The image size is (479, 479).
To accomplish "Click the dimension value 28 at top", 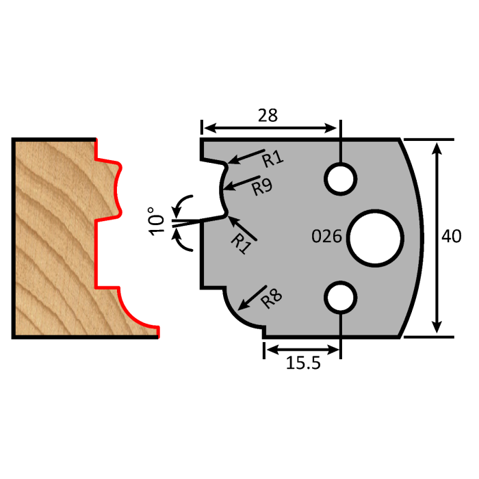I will click(x=268, y=115).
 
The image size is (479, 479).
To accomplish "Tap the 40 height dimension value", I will click(x=452, y=237).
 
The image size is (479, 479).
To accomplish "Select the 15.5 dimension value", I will click(x=302, y=363).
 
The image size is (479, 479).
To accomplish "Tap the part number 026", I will click(x=326, y=237).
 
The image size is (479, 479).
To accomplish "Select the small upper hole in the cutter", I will click(x=340, y=179).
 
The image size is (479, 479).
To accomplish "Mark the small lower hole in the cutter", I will click(x=340, y=297).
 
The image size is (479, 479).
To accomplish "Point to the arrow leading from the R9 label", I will click(x=239, y=183).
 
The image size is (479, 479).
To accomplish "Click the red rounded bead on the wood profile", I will click(x=116, y=186).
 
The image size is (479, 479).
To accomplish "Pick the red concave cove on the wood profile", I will click(x=133, y=309).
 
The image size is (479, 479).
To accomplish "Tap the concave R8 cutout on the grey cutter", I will click(x=241, y=311).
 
